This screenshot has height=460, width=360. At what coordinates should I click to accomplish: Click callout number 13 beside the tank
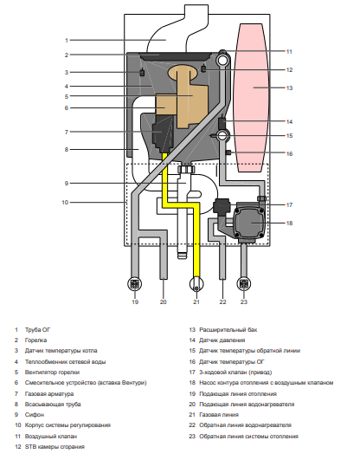pos(290,88)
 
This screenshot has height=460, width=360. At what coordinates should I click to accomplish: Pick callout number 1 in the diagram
pos(66,40)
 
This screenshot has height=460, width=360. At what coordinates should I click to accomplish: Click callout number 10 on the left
pos(65,202)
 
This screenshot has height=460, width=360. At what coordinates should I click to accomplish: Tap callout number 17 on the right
pos(290,204)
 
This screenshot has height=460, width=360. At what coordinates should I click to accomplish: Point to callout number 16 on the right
pos(290,153)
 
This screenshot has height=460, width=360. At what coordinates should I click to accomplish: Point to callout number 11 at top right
pos(290,51)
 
